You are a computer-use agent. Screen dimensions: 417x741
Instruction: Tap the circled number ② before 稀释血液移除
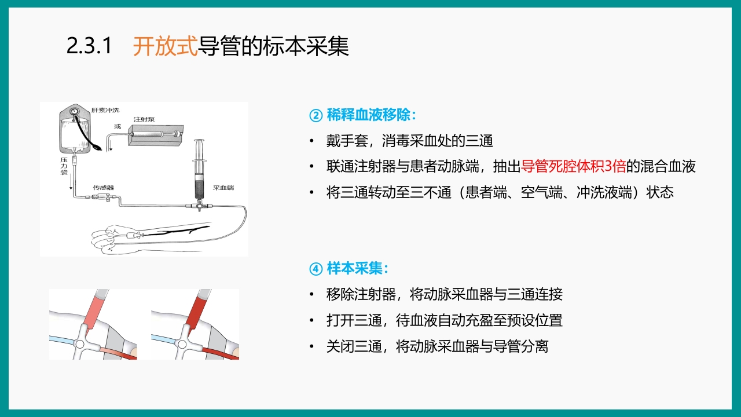[x=316, y=115]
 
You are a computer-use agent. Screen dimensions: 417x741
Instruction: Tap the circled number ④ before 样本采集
[x=316, y=269]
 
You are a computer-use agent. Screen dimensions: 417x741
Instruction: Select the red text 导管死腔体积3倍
[x=573, y=167]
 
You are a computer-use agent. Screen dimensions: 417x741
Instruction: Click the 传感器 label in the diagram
[x=103, y=188]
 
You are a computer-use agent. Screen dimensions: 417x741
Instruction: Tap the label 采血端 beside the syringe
[x=223, y=188]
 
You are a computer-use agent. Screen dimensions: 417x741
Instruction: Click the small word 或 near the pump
[x=118, y=126]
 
